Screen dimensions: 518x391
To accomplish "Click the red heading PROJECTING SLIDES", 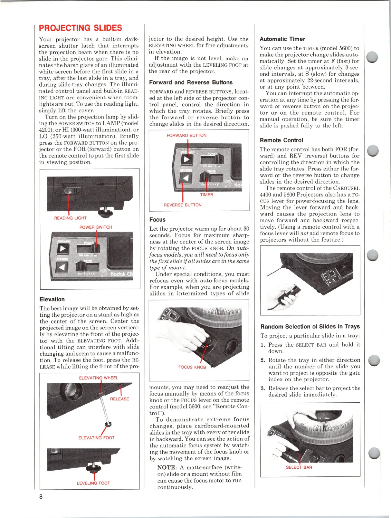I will pos(81,28).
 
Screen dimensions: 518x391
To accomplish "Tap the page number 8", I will pos(41,496).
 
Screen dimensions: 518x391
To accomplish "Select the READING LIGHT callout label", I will pos(70,218).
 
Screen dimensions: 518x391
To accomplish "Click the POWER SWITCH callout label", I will pos(96,227).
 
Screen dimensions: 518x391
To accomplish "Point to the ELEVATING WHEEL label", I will pos(99,378).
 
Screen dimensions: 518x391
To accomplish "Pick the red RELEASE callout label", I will pos(119,399).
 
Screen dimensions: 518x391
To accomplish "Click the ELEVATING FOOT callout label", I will pos(96,438).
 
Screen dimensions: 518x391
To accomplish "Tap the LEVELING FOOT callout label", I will pos(93,483).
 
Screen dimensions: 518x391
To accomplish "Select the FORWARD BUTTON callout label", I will pos(186,136).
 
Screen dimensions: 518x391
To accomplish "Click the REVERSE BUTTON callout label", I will pos(183,205).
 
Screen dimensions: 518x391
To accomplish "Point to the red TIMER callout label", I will pos(206,195).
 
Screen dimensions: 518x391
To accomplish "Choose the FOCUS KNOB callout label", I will pos(192,367).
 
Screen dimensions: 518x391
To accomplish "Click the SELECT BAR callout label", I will pos(299,467).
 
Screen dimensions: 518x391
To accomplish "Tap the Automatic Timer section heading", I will pos(282,39).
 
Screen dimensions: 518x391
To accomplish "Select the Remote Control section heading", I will pos(281,140).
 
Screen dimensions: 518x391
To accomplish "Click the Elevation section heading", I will pos(52,299).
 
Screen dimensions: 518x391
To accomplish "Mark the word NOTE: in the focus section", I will pos(167,467).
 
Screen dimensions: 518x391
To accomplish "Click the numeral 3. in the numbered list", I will pos(263,388).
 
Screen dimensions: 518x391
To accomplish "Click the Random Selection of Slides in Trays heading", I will pos(310,326).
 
